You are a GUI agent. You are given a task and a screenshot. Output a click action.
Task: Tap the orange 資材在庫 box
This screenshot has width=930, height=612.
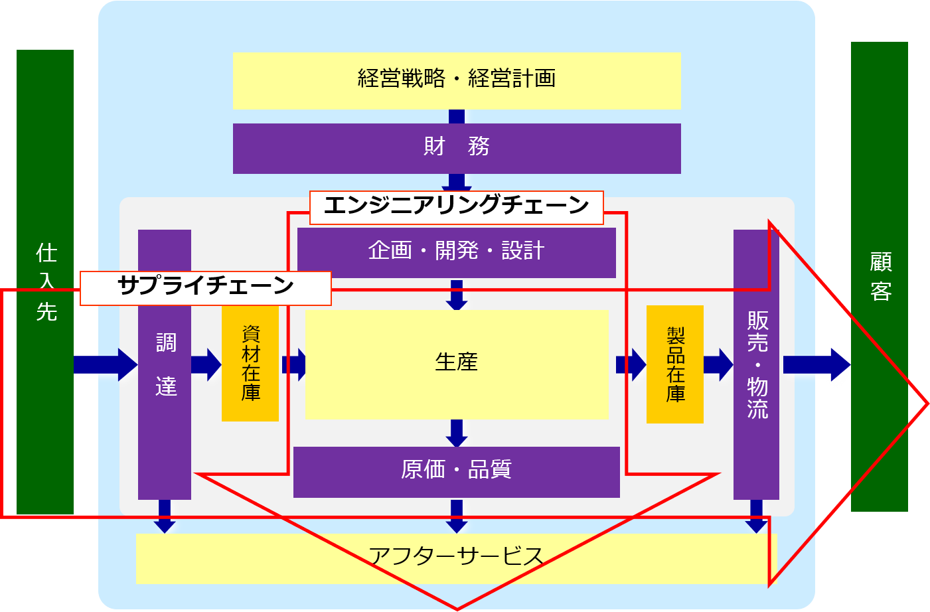click(250, 364)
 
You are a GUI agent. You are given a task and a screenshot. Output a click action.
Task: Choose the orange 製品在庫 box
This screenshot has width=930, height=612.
click(675, 364)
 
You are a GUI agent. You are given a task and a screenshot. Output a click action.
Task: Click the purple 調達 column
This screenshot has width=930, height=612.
click(165, 398)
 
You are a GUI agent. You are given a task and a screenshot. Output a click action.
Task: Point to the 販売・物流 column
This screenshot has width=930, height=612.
click(756, 398)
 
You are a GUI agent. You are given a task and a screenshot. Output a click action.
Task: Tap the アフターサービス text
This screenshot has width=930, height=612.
click(457, 556)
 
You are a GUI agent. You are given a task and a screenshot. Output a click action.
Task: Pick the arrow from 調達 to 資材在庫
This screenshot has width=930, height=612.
click(206, 364)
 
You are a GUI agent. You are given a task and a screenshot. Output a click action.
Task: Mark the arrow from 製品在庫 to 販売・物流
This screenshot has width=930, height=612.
click(718, 364)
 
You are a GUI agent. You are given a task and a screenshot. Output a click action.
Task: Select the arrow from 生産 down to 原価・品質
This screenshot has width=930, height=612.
click(457, 433)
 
